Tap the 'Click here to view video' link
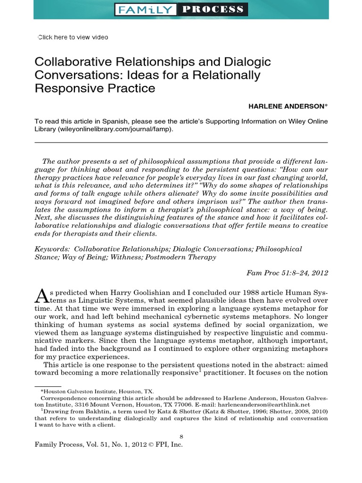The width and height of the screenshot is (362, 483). click(73, 37)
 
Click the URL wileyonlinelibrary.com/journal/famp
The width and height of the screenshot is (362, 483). click(112, 129)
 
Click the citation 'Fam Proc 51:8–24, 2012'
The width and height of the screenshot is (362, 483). click(287, 273)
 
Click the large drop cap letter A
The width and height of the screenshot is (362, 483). click(41, 296)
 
